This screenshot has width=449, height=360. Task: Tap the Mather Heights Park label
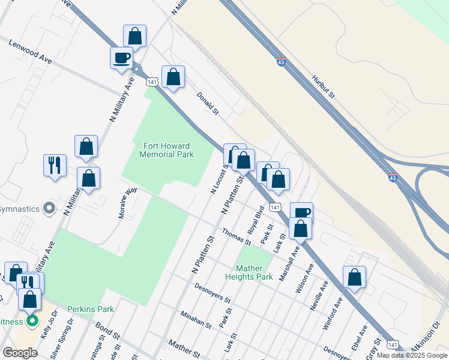click(x=249, y=272)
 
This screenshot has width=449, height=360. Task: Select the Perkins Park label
click(x=90, y=309)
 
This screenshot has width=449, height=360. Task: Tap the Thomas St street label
click(x=236, y=236)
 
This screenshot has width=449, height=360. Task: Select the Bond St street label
click(x=108, y=329)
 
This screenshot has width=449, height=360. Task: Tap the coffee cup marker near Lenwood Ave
click(x=122, y=58)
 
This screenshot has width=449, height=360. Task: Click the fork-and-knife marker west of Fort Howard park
click(x=55, y=164)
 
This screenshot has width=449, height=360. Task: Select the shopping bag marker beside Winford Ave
click(x=355, y=277)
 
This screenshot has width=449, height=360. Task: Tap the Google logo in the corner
click(x=20, y=353)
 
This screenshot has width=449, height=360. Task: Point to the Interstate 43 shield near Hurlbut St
click(x=282, y=61)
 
